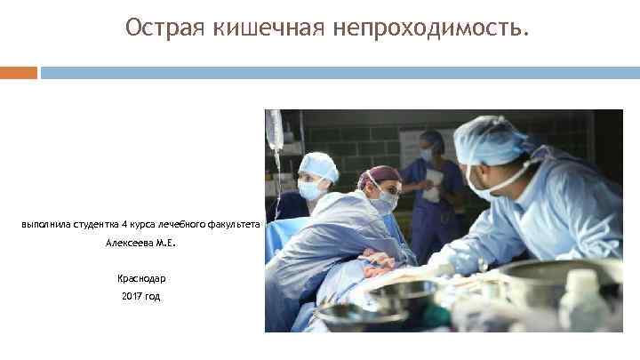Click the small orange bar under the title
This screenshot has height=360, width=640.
tap(19, 73)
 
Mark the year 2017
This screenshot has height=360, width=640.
tap(132, 296)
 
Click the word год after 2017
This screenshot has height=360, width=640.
tap(153, 296)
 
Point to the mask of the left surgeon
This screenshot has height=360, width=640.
tap(312, 188)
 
